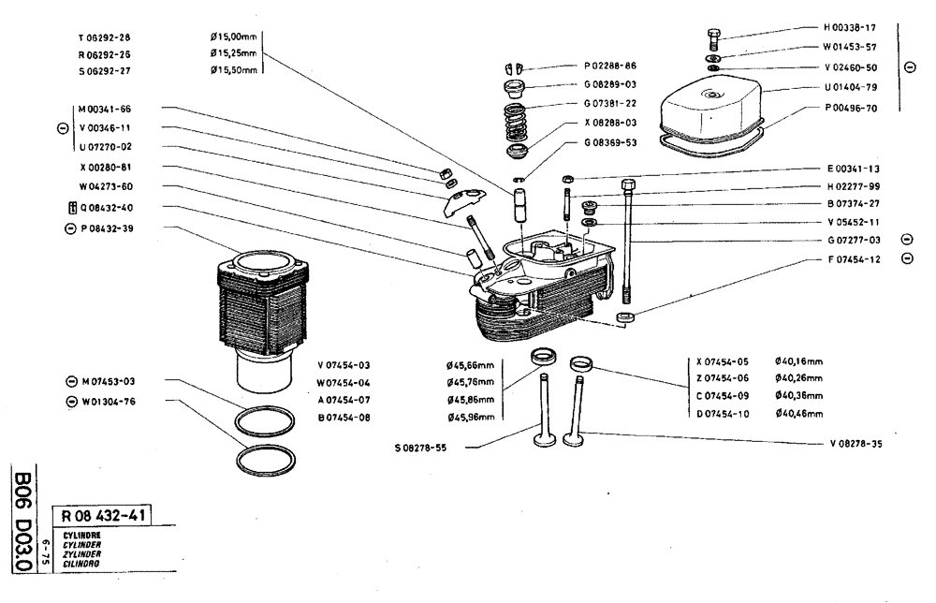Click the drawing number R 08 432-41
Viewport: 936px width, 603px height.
coord(103,514)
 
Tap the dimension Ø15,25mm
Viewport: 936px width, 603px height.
coord(233,53)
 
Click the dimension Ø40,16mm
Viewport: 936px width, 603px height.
coord(799,360)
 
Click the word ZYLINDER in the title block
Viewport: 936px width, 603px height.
coord(82,553)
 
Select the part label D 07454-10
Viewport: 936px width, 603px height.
coord(723,413)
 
